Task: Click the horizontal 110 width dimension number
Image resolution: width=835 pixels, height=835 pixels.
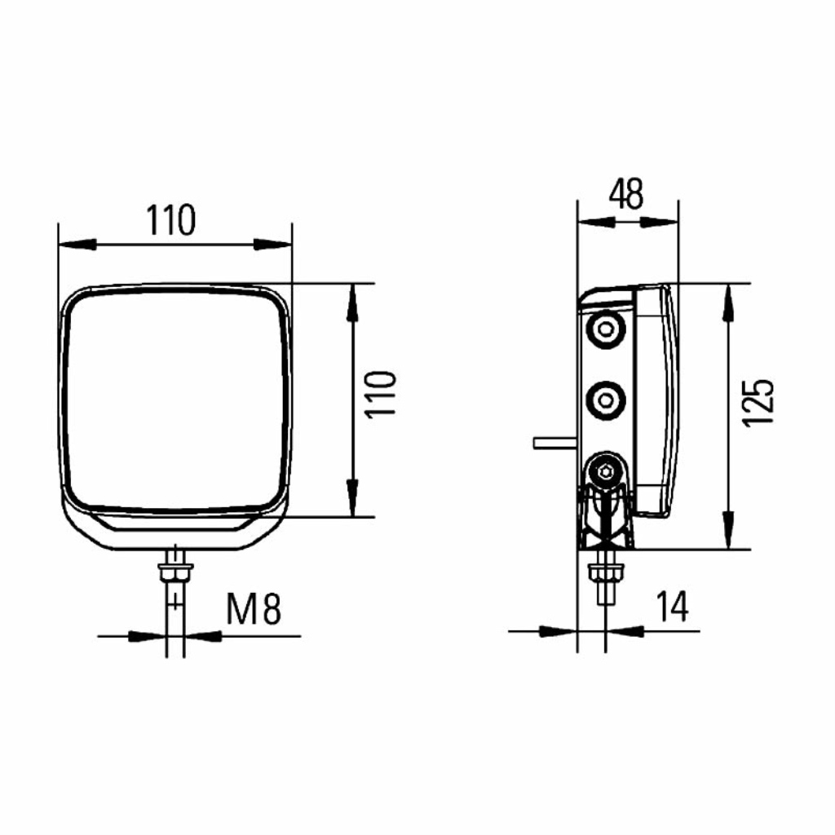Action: pos(171,220)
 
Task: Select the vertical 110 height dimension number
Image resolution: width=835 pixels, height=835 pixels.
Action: pos(381,394)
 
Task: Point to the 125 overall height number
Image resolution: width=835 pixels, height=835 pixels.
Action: pos(758,403)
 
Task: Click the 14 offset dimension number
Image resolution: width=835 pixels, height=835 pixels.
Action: pos(672,606)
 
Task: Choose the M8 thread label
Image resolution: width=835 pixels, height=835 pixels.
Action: pos(254,609)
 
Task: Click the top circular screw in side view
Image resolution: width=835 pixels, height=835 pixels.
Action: pos(606,329)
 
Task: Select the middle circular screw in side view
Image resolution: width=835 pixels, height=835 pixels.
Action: pos(606,400)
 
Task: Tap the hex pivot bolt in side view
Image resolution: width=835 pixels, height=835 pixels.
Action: pos(605,471)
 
